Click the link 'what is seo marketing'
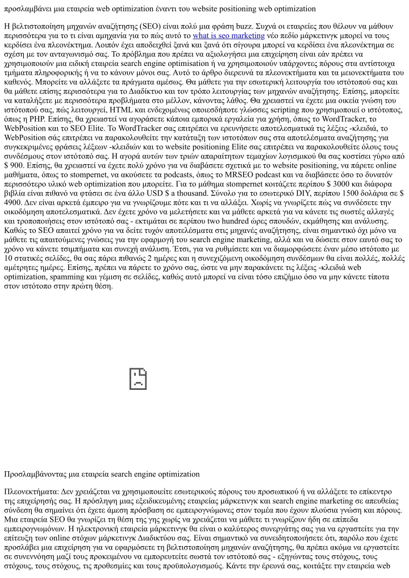point(228,35)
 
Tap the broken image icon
point(138,379)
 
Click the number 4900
point(14,202)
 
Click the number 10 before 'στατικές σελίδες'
point(9,257)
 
